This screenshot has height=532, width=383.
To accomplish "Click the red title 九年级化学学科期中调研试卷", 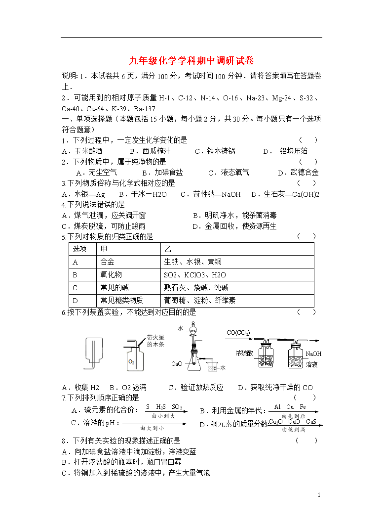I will pyautogui.click(x=191, y=61).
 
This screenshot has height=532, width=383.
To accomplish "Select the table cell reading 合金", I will pyautogui.click(x=107, y=262).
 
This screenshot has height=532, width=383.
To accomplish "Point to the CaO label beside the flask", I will pyautogui.click(x=177, y=363).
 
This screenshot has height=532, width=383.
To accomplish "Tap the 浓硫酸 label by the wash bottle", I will pyautogui.click(x=244, y=353).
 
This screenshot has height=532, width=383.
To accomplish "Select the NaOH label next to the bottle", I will pyautogui.click(x=313, y=354).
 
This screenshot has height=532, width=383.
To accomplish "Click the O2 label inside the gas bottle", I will pyautogui.click(x=131, y=362).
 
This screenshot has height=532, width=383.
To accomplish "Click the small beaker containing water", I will pyautogui.click(x=213, y=367).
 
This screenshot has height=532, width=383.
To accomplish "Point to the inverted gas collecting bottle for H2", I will pyautogui.click(x=94, y=353).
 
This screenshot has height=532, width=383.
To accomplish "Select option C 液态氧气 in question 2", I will pyautogui.click(x=229, y=173).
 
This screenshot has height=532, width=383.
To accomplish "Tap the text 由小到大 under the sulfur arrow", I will pyautogui.click(x=163, y=416).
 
